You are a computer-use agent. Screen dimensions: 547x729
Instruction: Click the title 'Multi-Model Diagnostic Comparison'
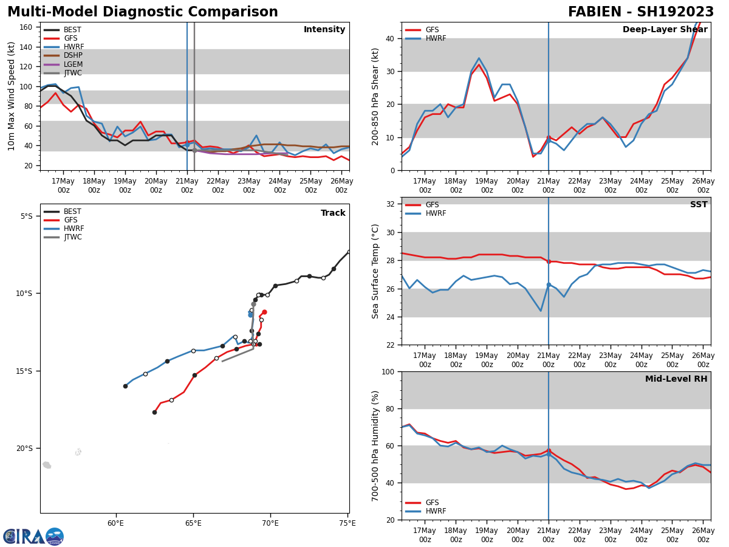point(143,12)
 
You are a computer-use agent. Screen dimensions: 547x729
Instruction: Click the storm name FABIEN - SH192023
point(641,12)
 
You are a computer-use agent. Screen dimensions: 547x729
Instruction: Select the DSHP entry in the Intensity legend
point(73,56)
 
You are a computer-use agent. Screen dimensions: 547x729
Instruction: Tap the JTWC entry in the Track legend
point(73,237)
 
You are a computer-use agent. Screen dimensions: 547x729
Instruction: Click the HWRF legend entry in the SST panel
point(436,214)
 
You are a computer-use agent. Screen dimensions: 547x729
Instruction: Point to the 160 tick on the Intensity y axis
point(26,27)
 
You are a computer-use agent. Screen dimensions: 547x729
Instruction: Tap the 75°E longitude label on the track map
point(347,523)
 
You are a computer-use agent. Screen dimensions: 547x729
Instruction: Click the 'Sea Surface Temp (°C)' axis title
point(376,271)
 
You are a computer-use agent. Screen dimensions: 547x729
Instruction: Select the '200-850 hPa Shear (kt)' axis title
point(376,96)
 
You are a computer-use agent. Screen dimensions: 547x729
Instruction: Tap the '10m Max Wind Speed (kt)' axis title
point(12,96)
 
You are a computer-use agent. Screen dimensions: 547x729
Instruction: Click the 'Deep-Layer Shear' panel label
point(665,30)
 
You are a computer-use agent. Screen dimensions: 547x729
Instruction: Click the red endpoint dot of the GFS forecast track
point(264,312)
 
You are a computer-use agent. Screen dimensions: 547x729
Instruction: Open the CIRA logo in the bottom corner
point(33,536)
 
